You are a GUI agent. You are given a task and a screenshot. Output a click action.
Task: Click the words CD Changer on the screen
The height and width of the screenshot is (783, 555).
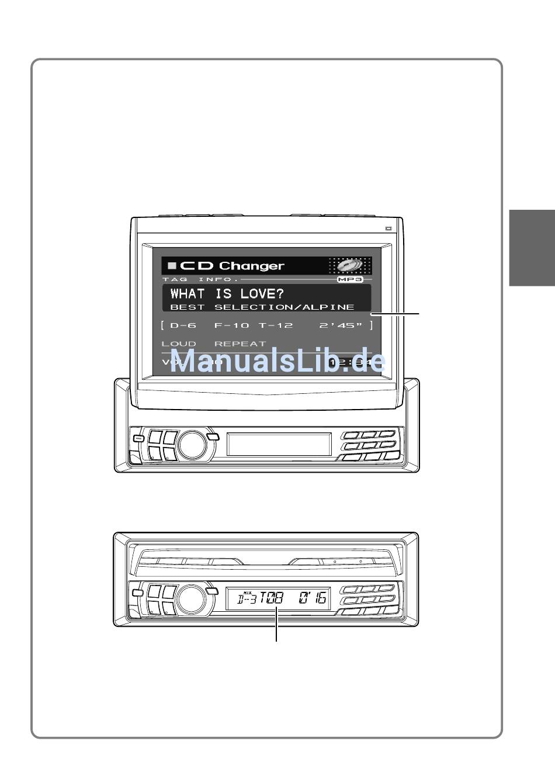click(x=232, y=266)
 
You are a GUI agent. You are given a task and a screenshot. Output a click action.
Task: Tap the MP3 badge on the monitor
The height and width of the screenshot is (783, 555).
click(x=350, y=279)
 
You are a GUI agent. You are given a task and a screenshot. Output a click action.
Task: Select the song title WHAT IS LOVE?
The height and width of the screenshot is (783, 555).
click(x=227, y=293)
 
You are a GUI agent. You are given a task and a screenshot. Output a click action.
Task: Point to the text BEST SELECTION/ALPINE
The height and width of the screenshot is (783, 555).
click(x=262, y=307)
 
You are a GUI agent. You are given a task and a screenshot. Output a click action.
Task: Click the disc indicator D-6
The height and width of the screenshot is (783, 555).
click(x=183, y=325)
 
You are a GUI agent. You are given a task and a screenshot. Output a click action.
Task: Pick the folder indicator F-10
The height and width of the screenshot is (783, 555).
click(x=231, y=325)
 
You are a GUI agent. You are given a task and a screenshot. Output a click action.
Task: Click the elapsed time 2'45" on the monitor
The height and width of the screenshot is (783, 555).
click(x=341, y=325)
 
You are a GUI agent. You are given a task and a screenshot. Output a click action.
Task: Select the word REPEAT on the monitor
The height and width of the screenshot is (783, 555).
click(x=240, y=344)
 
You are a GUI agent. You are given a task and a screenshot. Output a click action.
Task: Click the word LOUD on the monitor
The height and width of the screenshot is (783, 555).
click(x=179, y=344)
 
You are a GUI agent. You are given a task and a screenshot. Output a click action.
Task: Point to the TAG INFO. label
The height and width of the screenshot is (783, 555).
click(x=200, y=279)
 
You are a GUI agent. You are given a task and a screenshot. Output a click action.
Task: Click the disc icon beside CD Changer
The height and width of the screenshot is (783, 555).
click(x=349, y=266)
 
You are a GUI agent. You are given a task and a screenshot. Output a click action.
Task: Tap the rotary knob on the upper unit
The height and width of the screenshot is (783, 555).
click(x=192, y=445)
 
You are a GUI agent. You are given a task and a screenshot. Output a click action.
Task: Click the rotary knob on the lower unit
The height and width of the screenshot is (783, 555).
click(x=192, y=600)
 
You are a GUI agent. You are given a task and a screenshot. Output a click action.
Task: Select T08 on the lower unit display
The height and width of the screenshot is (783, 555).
click(x=272, y=598)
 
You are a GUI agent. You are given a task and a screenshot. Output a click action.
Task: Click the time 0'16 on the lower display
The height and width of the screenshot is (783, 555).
click(x=313, y=598)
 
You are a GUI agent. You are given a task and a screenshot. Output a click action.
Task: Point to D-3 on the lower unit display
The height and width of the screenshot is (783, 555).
click(x=247, y=599)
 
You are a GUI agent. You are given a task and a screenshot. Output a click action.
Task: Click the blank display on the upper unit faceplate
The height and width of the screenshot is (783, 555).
click(x=279, y=445)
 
